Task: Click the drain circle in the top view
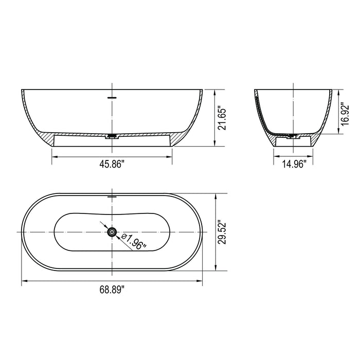[x=112, y=233]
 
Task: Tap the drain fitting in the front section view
[x=112, y=137]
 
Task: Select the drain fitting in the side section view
[x=292, y=137]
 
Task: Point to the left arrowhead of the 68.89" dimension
[x=24, y=281]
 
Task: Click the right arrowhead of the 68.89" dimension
[x=200, y=281]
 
